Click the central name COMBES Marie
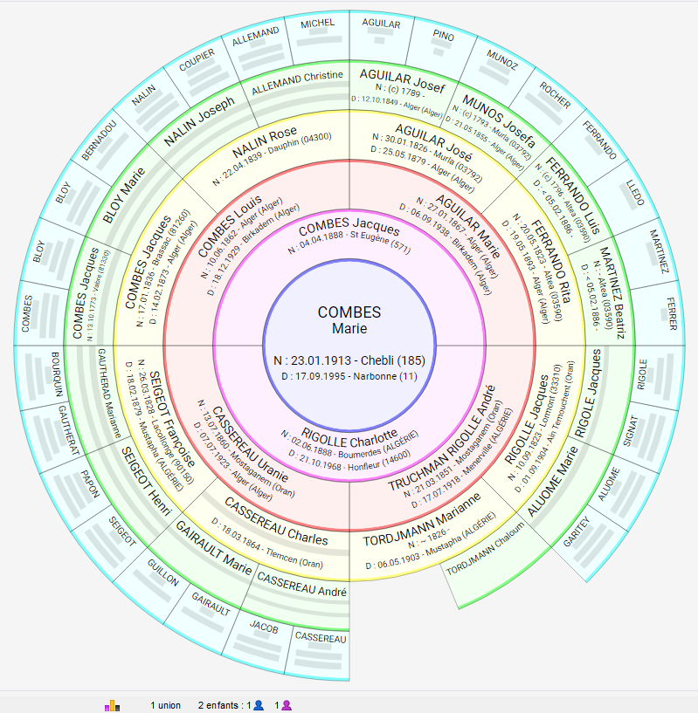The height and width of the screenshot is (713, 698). coord(349,320)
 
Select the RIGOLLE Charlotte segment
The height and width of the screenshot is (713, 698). coord(349,434)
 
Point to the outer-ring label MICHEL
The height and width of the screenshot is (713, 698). coord(317,24)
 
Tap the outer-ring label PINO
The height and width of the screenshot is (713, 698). coord(443,35)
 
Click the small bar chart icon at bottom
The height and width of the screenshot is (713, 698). coord(112,705)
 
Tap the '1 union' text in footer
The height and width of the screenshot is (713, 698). coord(165,705)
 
